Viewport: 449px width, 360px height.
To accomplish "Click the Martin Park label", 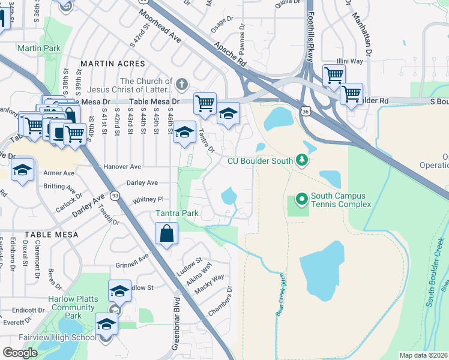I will (x=39, y=48).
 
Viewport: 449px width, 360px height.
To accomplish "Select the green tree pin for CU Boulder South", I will (x=303, y=160).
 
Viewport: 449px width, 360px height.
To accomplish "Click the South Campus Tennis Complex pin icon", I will (x=301, y=199).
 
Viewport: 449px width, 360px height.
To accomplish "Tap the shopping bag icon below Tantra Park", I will (x=167, y=234).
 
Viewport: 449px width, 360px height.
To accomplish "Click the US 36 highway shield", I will (x=306, y=112).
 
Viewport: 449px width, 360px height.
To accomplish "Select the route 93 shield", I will (x=115, y=196).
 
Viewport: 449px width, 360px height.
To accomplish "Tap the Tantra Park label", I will (x=176, y=213).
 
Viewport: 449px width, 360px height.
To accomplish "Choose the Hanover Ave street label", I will (x=122, y=166).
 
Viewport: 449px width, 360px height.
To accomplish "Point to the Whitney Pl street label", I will (x=148, y=199).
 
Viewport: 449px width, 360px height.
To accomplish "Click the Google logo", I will (x=20, y=353).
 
